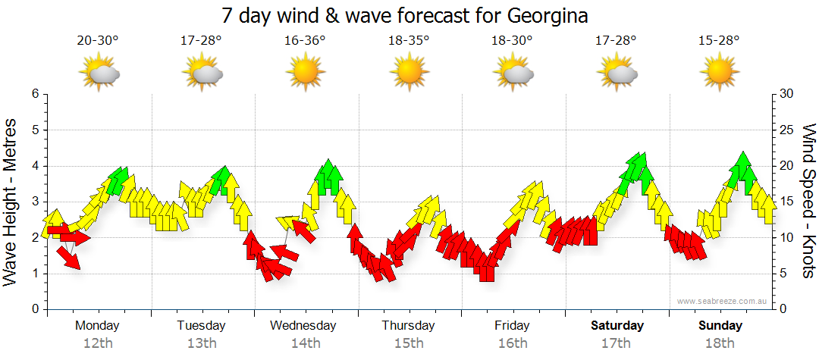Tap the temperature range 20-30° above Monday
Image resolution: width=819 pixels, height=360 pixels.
(x=98, y=40)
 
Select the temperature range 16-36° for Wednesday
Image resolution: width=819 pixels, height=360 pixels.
(x=305, y=40)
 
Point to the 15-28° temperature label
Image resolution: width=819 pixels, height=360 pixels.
(x=719, y=40)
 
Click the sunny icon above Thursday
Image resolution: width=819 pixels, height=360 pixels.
(x=409, y=73)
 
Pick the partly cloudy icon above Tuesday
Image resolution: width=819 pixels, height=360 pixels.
(x=202, y=73)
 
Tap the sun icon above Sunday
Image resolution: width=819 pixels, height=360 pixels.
(x=719, y=73)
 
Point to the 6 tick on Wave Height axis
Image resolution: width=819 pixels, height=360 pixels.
(x=34, y=94)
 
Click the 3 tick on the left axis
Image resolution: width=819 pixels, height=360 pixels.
(x=34, y=202)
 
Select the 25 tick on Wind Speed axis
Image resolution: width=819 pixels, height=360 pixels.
(x=787, y=130)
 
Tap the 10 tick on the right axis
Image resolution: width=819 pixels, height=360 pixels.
(x=787, y=238)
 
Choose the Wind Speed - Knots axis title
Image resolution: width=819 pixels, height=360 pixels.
(x=808, y=201)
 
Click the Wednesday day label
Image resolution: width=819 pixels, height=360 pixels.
(x=303, y=326)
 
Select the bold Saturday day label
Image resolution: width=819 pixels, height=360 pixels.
(x=617, y=326)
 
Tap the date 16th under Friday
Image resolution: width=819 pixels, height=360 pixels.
(x=513, y=343)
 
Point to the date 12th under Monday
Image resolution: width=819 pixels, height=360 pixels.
(x=98, y=343)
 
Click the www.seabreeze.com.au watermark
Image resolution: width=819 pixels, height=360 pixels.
(x=723, y=301)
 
